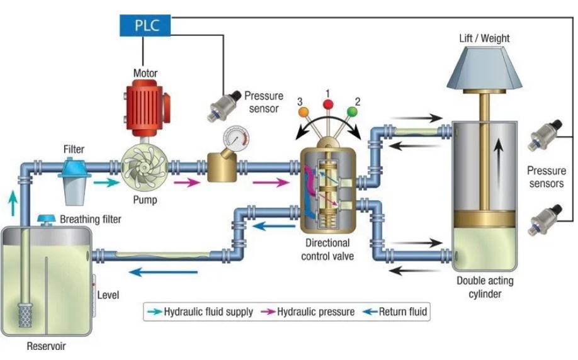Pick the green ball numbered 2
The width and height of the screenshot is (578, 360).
[x=353, y=111]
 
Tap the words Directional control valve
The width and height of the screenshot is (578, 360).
[x=327, y=249]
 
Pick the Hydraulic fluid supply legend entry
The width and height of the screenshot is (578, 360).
[x=202, y=312]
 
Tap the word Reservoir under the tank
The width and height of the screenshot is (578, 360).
[x=46, y=346]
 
